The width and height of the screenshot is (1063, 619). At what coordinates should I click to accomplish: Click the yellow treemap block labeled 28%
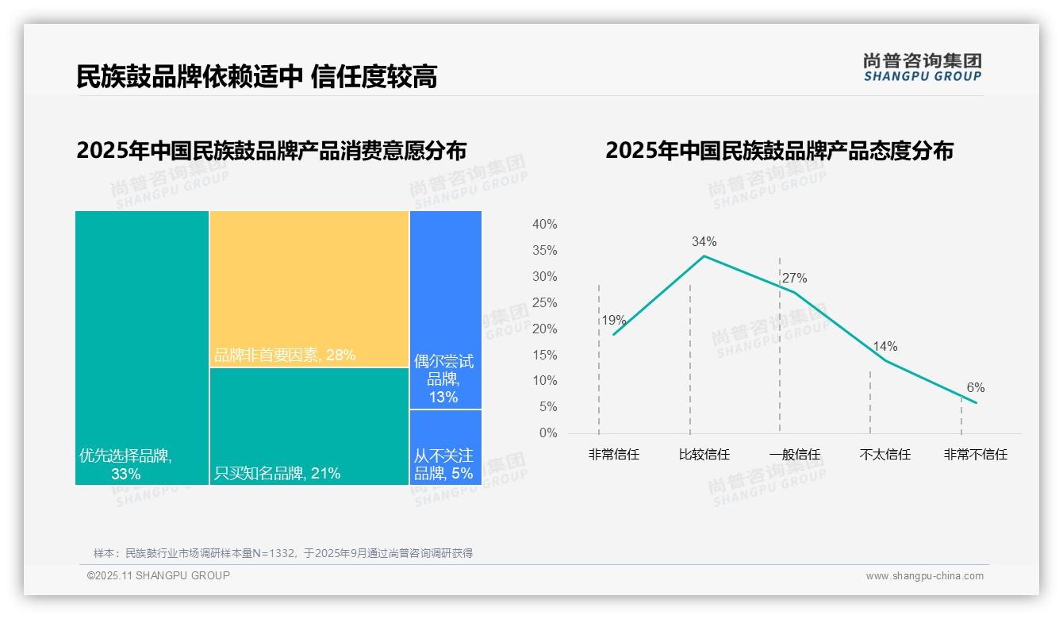309,289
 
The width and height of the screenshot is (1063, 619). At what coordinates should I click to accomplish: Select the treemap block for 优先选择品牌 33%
142,348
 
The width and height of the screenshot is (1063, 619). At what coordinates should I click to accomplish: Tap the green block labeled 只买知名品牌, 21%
309,426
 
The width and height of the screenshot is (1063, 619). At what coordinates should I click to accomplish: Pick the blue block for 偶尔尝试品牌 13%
445,309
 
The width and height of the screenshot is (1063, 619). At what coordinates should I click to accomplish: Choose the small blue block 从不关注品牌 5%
445,447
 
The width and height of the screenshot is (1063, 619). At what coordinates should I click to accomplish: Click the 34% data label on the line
704,242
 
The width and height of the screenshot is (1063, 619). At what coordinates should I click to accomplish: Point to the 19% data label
613,321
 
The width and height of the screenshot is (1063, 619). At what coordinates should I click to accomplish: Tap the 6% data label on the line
975,388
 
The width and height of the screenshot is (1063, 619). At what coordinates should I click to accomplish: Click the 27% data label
794,279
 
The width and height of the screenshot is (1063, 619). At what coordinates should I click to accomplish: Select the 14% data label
885,347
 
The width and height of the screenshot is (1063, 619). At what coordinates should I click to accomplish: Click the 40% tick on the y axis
544,225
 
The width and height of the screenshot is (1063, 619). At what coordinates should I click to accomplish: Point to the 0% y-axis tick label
548,433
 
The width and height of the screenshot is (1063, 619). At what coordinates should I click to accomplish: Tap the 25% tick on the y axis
544,302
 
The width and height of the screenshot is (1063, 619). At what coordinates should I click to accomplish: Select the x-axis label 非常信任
613,455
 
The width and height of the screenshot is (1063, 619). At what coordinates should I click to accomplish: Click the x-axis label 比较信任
704,455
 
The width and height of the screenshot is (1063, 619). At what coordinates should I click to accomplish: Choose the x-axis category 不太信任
885,455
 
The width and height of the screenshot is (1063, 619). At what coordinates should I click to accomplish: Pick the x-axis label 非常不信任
975,455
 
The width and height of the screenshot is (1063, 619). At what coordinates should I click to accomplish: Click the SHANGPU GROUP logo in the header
922,67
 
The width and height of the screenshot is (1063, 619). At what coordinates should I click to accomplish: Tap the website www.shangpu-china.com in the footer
924,576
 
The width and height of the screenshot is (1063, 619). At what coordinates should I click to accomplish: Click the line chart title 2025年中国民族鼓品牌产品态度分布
779,151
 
